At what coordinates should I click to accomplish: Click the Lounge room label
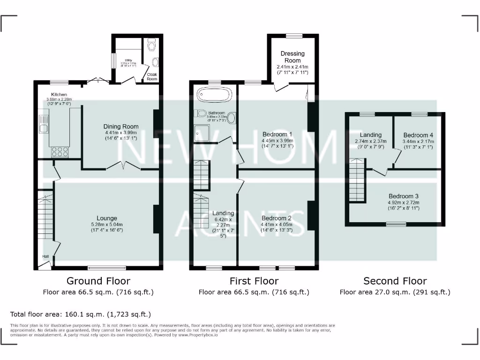point(107,218)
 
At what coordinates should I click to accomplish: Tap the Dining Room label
point(120,127)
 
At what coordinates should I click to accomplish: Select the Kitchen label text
point(59,95)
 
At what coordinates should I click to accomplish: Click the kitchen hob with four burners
point(60,151)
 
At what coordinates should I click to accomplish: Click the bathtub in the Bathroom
point(214,95)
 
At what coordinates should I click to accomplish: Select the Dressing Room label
point(292,57)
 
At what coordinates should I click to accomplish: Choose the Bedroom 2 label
point(277,218)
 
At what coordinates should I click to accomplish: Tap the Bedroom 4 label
point(418,135)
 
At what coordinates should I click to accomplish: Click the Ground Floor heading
point(98,281)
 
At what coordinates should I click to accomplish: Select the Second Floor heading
point(395,281)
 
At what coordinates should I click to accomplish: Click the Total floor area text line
point(81,314)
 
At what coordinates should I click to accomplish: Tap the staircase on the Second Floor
point(356,180)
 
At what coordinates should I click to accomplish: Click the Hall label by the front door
point(45,256)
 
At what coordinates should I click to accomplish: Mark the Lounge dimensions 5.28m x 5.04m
point(107,224)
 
